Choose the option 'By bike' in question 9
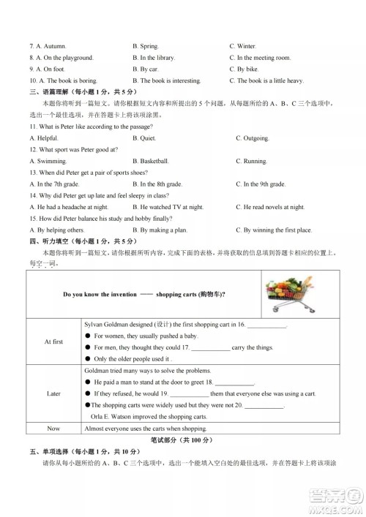pyautogui.click(x=250, y=69)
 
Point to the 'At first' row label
pyautogui.click(x=53, y=341)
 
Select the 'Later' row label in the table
pyautogui.click(x=53, y=393)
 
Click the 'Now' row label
pyautogui.click(x=53, y=429)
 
